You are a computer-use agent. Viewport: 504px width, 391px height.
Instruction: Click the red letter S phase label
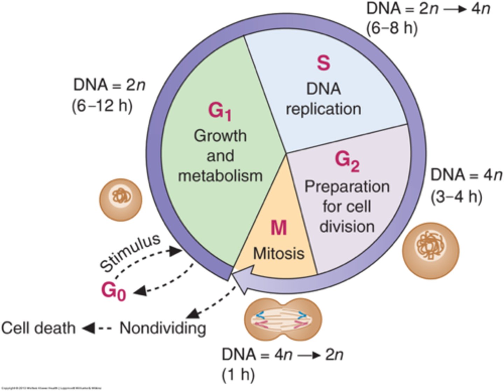(x=323, y=63)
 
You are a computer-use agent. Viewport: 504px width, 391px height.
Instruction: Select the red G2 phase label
(x=347, y=161)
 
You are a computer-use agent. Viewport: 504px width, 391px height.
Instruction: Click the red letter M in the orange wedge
(x=279, y=228)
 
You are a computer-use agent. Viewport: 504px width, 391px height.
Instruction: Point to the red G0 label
(x=113, y=291)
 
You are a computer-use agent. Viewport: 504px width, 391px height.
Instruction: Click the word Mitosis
(x=279, y=253)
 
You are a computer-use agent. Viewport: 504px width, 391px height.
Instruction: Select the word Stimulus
(x=130, y=253)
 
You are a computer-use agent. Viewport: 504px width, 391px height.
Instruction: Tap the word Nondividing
(x=163, y=328)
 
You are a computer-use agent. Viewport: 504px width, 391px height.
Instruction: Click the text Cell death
(x=38, y=328)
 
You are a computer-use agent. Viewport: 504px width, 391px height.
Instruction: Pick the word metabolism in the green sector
(x=220, y=175)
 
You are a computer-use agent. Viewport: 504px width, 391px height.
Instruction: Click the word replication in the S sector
(x=323, y=109)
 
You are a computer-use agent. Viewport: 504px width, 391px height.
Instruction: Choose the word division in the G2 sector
(x=347, y=226)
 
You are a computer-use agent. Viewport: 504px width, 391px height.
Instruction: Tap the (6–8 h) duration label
(x=392, y=28)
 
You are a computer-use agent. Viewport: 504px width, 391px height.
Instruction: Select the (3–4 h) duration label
(x=456, y=197)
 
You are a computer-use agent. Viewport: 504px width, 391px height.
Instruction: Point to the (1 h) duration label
(x=238, y=375)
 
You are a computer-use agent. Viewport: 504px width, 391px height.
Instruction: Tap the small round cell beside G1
(x=121, y=200)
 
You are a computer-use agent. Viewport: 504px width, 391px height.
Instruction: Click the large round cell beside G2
(x=430, y=251)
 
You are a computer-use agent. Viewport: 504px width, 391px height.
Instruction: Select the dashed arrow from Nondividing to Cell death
(x=97, y=328)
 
